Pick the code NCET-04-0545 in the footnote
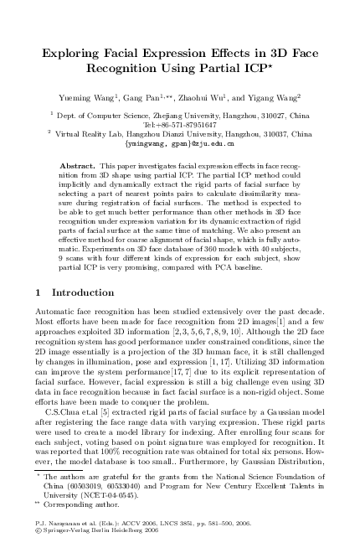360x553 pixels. tap(132, 497)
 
